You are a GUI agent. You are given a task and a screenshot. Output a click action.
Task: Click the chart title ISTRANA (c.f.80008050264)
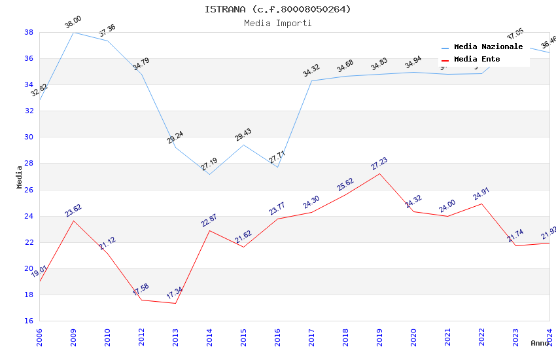(x=277, y=9)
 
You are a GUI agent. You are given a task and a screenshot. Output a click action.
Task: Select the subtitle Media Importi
(x=277, y=23)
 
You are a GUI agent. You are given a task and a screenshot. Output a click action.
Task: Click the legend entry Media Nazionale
(x=488, y=46)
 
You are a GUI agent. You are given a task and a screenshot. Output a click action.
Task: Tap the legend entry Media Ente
(x=477, y=59)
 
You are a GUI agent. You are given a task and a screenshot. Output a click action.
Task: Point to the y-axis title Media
(x=20, y=177)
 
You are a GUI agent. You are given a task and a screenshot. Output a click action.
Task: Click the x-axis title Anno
(x=540, y=343)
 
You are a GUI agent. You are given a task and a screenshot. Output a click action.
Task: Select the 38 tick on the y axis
(x=29, y=32)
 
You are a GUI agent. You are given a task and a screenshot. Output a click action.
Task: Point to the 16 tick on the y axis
(x=29, y=321)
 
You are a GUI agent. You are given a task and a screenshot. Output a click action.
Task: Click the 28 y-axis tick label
(x=29, y=164)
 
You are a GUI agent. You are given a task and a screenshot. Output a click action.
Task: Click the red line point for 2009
(x=73, y=221)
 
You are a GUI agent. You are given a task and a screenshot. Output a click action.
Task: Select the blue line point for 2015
(x=243, y=145)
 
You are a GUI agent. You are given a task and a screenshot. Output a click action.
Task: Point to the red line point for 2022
(x=481, y=204)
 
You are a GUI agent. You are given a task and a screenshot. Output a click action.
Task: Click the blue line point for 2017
(x=311, y=81)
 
